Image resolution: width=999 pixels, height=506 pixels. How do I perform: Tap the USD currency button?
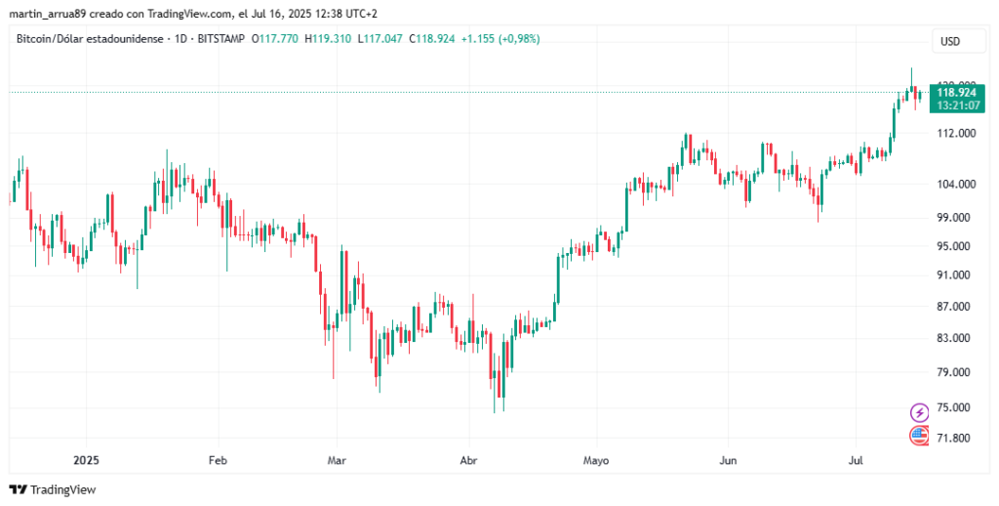point(950,41)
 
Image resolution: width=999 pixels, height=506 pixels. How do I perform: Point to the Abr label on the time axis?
point(468,459)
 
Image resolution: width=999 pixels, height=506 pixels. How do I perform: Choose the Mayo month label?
point(595,459)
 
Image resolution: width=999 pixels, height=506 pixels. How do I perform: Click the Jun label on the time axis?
point(727,459)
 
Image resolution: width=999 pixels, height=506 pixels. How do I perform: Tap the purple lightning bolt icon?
point(919,412)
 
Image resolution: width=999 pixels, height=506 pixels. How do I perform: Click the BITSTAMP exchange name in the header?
point(220,39)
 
